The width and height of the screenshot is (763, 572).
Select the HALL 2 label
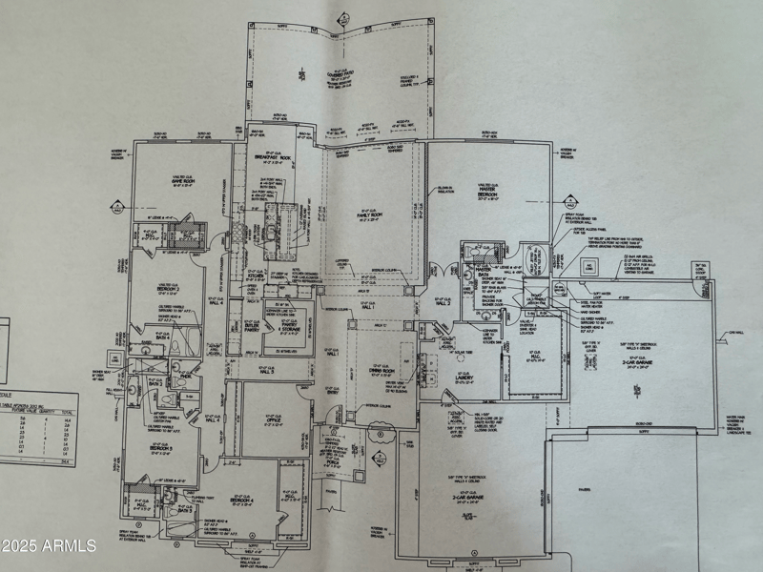(443, 302)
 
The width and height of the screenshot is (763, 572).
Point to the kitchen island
(282, 230)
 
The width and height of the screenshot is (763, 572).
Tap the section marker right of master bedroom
(572, 202)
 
